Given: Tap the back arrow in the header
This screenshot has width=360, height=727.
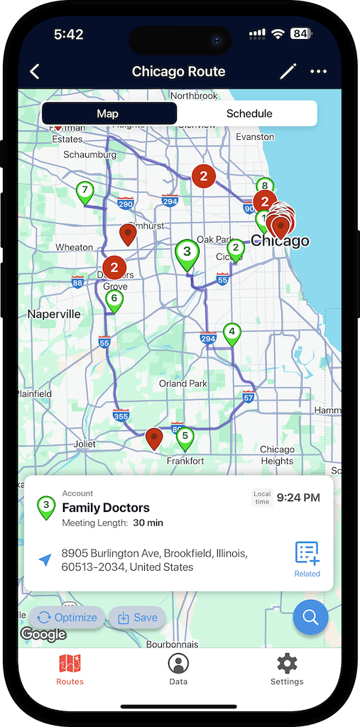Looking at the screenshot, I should [35, 71].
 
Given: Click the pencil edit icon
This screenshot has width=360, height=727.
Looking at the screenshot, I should [288, 71].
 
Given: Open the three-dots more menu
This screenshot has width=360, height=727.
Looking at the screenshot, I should [319, 71].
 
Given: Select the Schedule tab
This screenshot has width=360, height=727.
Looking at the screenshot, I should [249, 114].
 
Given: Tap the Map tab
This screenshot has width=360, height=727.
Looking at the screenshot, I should [108, 114].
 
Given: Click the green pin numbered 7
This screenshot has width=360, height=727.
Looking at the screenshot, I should [85, 192].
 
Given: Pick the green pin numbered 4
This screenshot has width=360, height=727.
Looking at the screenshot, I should [231, 332].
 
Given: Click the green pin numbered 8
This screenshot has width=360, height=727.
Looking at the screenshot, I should [264, 185].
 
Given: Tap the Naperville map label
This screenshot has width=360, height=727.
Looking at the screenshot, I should [54, 314].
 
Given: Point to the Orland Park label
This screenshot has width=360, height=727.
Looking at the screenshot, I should [183, 383].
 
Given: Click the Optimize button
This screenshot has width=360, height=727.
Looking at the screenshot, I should [67, 618].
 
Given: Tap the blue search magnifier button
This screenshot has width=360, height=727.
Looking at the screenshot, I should [310, 618].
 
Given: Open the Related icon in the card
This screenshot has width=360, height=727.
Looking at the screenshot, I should [307, 559].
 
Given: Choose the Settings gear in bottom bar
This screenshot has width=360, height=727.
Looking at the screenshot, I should [287, 669].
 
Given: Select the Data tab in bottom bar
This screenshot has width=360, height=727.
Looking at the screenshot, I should [178, 669].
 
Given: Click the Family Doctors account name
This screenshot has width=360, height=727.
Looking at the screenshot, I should [106, 508].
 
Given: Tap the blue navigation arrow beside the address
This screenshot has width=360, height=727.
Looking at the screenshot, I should [45, 560].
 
